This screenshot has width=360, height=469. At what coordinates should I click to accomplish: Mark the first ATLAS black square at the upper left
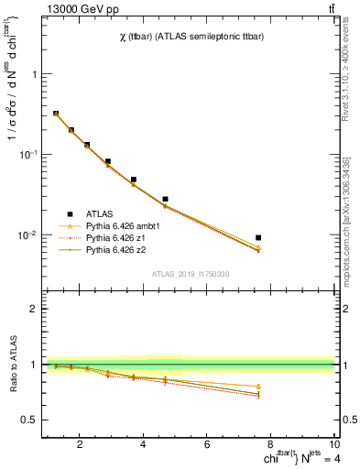click(56, 114)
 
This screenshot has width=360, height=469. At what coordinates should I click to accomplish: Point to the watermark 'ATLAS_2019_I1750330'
click(190, 274)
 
